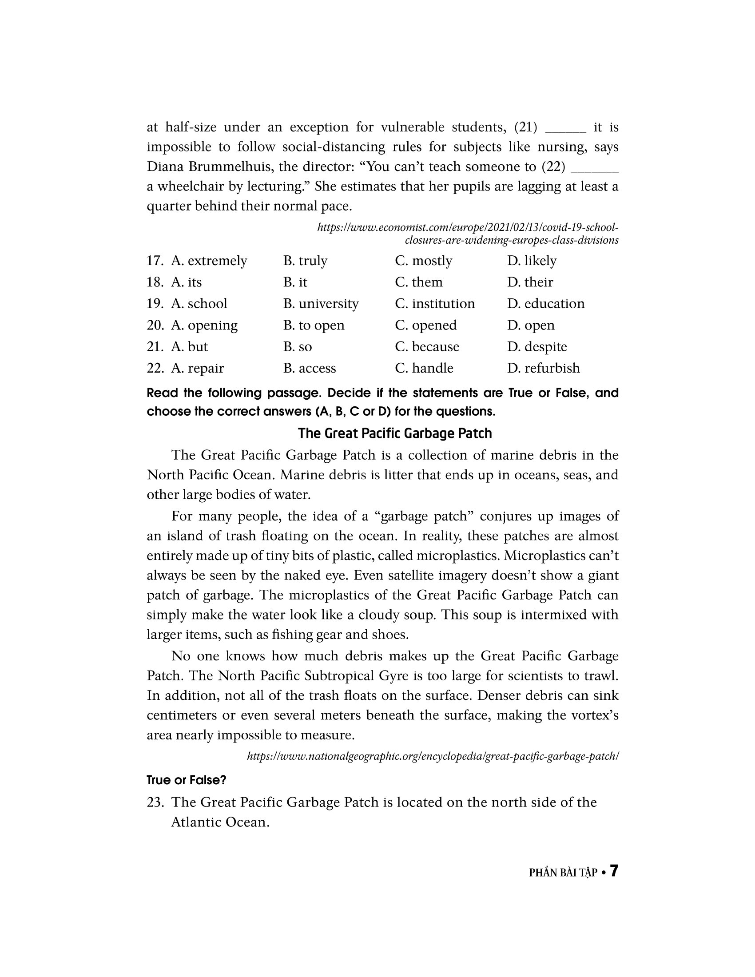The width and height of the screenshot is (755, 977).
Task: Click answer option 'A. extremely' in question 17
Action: click(x=209, y=261)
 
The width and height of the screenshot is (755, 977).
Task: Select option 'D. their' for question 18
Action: click(x=530, y=282)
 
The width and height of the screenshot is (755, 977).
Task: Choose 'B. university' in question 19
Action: click(x=321, y=304)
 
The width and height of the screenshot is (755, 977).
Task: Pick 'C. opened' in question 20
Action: click(x=426, y=325)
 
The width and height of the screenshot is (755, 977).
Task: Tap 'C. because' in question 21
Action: click(x=427, y=347)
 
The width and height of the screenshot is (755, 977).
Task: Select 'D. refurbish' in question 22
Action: click(x=544, y=368)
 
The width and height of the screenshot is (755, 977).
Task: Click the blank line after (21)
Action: click(x=566, y=131)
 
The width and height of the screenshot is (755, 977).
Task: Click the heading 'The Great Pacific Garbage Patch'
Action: click(x=395, y=433)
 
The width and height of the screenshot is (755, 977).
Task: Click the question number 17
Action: click(x=155, y=261)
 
